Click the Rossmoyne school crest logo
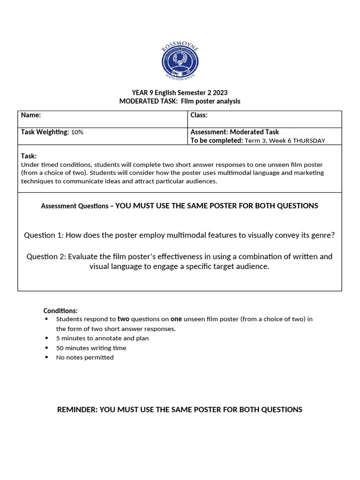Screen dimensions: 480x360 click(x=180, y=61)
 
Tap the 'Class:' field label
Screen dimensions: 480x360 click(x=199, y=115)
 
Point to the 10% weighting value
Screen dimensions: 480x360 click(x=77, y=133)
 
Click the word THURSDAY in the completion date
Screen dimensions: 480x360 click(x=307, y=141)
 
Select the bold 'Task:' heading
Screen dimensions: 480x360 click(x=29, y=156)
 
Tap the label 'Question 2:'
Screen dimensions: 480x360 click(x=46, y=256)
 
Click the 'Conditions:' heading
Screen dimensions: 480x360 click(x=60, y=311)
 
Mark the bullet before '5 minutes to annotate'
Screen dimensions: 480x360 click(x=46, y=338)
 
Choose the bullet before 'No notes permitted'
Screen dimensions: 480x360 click(x=46, y=357)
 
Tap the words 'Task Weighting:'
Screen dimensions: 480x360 click(x=45, y=132)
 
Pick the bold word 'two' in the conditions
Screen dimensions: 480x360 click(x=123, y=319)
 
